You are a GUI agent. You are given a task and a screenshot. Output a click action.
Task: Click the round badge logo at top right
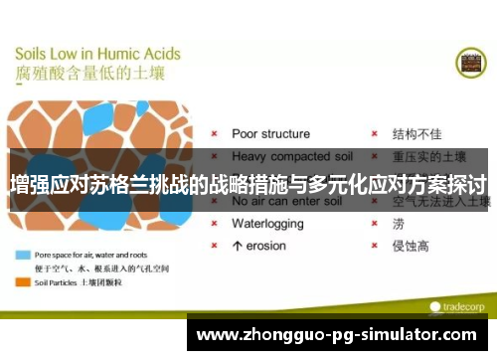(x=470, y=64)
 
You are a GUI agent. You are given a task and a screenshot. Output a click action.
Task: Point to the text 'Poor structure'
(x=270, y=133)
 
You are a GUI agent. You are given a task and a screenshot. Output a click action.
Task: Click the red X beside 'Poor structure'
(x=213, y=133)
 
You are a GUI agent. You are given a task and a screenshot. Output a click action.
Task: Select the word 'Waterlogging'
(x=269, y=224)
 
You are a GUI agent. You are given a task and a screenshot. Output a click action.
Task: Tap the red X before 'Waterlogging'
(x=213, y=224)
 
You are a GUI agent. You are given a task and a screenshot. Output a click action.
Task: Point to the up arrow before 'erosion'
(x=237, y=246)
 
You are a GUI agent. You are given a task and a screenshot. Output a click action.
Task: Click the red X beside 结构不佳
(x=374, y=133)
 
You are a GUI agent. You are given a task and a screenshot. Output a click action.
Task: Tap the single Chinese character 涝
(x=399, y=224)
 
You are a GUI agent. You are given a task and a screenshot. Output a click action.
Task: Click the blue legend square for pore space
(x=21, y=254)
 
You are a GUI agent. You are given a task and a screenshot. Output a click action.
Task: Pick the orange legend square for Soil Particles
(x=21, y=281)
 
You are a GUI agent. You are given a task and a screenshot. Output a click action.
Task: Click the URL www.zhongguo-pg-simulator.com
(x=341, y=335)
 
